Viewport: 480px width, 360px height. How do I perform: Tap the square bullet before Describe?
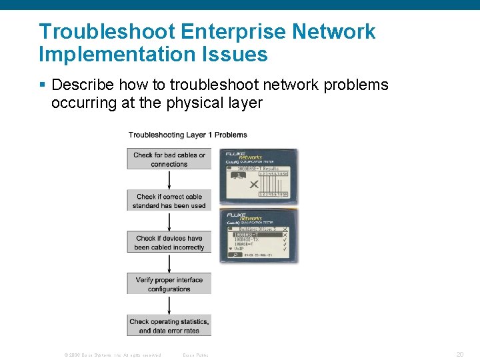[42, 85]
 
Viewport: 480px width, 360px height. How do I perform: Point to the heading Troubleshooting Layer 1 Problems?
[187, 135]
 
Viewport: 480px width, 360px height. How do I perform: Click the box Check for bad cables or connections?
[169, 159]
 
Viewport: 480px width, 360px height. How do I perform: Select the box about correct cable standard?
[169, 201]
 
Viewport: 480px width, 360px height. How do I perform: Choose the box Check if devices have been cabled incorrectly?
[169, 243]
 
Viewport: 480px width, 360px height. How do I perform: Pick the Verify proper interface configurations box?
[169, 284]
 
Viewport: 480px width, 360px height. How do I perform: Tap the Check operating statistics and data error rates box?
[169, 325]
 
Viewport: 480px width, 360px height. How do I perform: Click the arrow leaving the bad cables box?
[169, 179]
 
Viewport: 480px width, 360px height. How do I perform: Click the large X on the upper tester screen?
[254, 184]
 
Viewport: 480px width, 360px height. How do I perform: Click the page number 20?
[460, 355]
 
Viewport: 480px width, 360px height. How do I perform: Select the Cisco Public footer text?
[195, 355]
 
